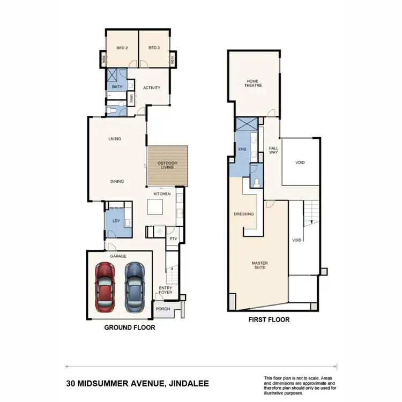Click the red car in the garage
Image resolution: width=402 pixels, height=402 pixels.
[106, 286]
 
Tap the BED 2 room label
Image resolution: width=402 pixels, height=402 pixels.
[122, 48]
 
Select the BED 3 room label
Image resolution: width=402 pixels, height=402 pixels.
[154, 48]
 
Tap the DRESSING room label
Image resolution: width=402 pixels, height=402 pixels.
[244, 214]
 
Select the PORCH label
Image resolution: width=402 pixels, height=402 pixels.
[163, 309]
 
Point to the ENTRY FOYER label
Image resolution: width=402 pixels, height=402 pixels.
[165, 291]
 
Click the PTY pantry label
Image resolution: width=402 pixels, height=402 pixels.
[173, 239]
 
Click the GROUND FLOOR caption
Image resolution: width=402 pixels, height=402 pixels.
[130, 327]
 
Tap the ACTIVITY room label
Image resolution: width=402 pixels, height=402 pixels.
[152, 88]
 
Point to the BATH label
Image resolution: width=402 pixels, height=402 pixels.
[116, 86]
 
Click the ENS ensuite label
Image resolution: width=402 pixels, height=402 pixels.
[242, 150]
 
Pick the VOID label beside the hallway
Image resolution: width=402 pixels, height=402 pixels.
[300, 162]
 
